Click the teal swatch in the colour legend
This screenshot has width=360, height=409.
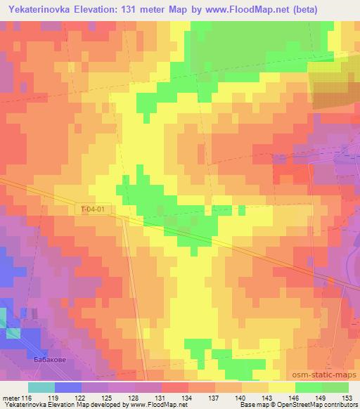tap(41, 387)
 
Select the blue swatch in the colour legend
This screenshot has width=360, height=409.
tap(67, 387)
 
